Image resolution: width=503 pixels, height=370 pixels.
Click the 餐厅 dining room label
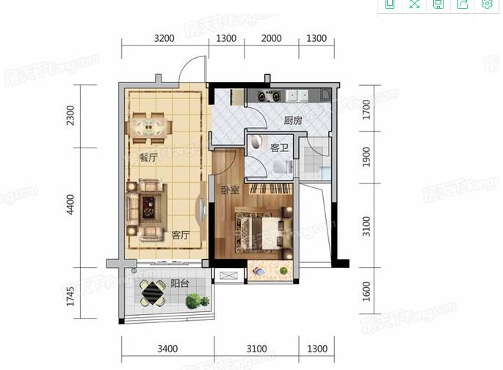[148, 158]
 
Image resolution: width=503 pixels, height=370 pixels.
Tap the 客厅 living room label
[181, 235]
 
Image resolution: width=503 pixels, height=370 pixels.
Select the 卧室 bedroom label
[231, 190]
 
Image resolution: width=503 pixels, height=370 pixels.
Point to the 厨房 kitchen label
[293, 120]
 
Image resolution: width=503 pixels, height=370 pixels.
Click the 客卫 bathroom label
[280, 148]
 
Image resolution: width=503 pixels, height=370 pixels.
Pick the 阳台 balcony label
[180, 284]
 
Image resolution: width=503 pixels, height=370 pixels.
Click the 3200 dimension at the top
[164, 38]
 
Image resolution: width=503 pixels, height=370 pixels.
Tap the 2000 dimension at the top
[272, 38]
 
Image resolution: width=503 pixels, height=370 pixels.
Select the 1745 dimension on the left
[70, 297]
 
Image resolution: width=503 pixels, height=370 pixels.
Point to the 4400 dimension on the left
[70, 205]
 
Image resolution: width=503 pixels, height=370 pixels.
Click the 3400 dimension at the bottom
[167, 349]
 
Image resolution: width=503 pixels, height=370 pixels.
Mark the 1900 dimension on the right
[366, 157]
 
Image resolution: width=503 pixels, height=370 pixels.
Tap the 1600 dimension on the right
[366, 291]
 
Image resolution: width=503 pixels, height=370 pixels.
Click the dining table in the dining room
[148, 128]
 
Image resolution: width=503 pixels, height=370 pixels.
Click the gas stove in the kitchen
[269, 96]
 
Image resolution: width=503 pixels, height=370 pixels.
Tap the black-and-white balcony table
[153, 293]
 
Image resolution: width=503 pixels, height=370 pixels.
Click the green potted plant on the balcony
[196, 301]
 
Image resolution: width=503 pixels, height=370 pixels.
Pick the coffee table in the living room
[148, 208]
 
